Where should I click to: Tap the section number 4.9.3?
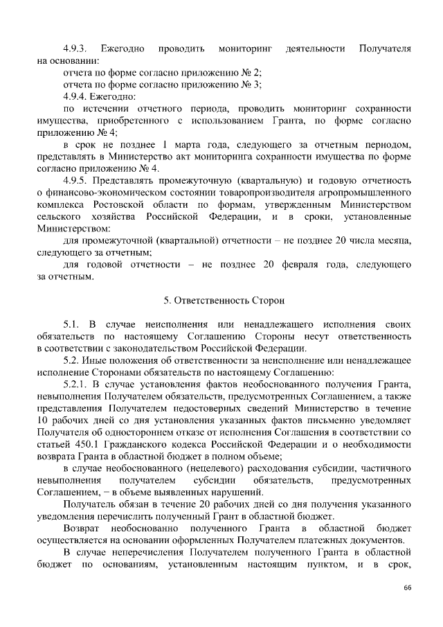pyautogui.click(x=73, y=49)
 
